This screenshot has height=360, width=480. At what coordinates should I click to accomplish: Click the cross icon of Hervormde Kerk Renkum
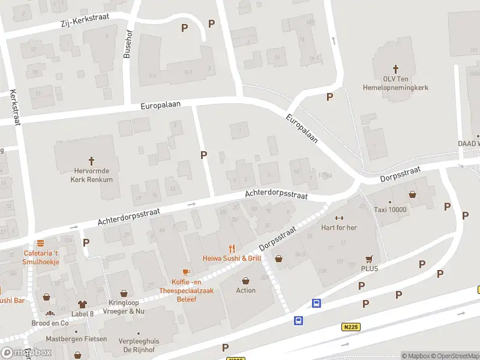(x=92, y=161)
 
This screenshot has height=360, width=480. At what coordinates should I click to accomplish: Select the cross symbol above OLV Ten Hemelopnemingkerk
(x=395, y=70)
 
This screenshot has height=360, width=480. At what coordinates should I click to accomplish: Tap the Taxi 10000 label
(x=389, y=210)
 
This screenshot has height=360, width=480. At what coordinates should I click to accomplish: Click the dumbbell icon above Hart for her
(x=340, y=218)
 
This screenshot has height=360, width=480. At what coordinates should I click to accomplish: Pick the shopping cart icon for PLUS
(x=369, y=259)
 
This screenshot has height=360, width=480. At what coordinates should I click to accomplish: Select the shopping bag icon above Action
(x=246, y=280)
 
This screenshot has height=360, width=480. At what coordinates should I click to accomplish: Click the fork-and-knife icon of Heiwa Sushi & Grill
(x=232, y=248)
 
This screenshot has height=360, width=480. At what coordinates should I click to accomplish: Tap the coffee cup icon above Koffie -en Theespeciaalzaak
(x=186, y=272)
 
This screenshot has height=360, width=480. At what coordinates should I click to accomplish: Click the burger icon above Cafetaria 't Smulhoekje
(x=40, y=244)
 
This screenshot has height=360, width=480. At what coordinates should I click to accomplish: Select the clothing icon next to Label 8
(x=82, y=305)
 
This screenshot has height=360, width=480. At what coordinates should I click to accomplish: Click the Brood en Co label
(x=50, y=323)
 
